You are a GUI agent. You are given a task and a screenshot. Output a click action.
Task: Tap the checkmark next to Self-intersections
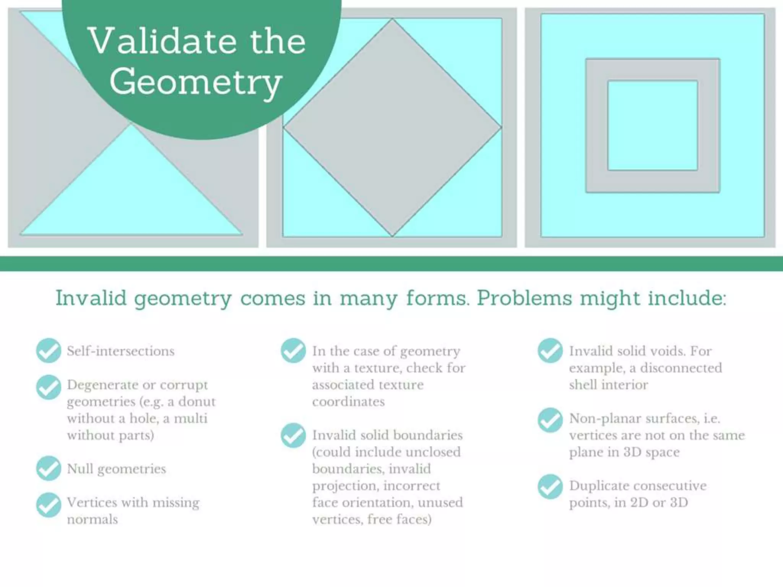pos(49,350)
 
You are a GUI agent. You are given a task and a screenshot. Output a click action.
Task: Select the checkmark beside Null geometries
pos(49,468)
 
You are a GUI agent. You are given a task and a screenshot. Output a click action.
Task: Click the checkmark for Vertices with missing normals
pos(49,505)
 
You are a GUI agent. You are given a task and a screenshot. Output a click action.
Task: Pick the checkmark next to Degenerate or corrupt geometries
pos(49,387)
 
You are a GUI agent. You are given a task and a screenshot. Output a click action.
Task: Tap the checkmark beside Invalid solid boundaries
pos(293,435)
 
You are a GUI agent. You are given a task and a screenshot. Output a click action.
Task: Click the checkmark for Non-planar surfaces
pos(550,420)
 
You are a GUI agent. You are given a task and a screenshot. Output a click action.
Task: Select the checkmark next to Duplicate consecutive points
pos(550,486)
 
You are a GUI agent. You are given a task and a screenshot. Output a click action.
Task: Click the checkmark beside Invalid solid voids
pos(550,350)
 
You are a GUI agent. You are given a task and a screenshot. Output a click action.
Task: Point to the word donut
pos(197,402)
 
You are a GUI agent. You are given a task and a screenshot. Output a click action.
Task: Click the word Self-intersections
pos(121,351)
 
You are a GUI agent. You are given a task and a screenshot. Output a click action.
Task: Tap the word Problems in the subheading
pos(524,298)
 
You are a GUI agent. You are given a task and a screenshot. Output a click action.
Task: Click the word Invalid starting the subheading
pos(91,298)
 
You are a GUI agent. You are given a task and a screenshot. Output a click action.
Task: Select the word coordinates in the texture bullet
pos(348,402)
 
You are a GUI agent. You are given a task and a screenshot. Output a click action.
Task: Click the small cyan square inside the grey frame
pos(653,125)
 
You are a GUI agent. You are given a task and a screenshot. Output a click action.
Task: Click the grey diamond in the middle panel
pos(392,128)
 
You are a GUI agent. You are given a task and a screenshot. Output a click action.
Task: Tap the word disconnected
pos(681,368)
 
